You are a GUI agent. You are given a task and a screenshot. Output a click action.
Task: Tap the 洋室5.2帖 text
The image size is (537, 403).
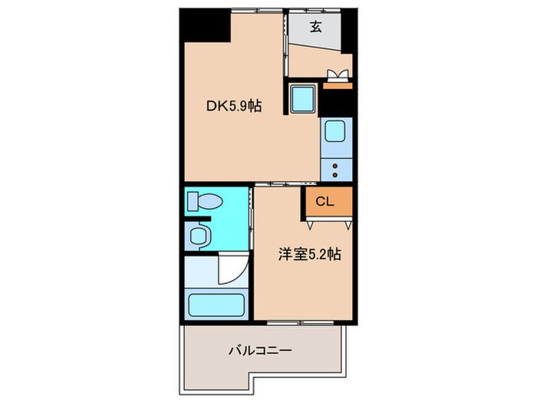[x=309, y=254]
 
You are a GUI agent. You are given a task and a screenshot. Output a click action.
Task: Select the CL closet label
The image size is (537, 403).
[x=325, y=202]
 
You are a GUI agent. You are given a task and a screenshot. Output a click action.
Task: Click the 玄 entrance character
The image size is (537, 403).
[x=315, y=28]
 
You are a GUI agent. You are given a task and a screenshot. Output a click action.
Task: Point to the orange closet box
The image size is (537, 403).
[x=328, y=203]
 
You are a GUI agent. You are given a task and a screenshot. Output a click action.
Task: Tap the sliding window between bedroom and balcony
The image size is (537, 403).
[x=303, y=321]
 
